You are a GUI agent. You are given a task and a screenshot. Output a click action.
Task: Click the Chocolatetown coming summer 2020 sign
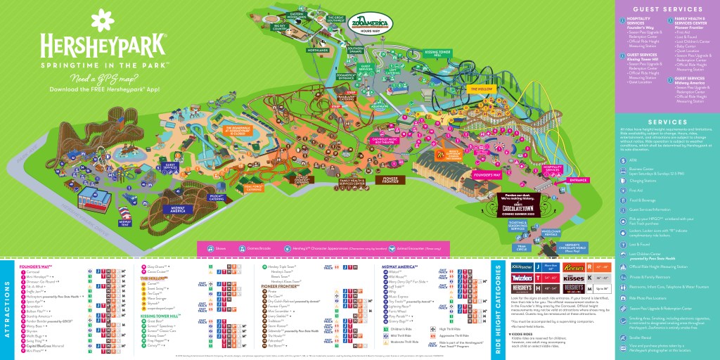522,203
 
